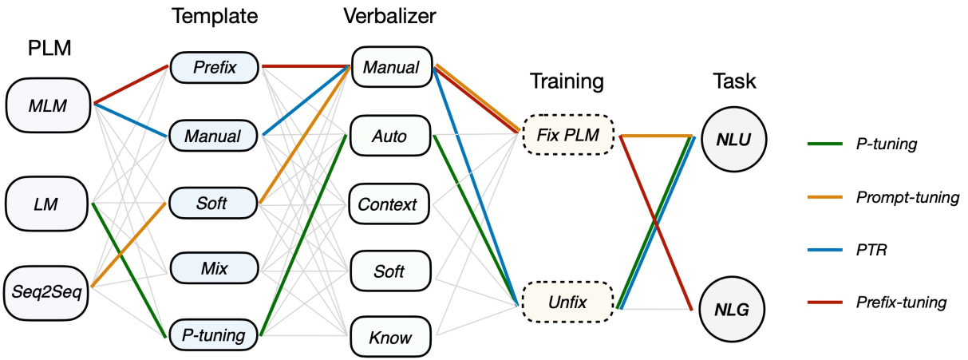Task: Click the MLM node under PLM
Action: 49,104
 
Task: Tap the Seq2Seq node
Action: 45,286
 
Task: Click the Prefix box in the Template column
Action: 215,67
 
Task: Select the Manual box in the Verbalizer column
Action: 391,67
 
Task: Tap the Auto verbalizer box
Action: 391,136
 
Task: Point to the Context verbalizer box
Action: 391,204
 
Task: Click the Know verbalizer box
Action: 391,338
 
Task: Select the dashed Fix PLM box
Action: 567,136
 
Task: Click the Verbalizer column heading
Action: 390,15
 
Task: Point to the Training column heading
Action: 567,81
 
